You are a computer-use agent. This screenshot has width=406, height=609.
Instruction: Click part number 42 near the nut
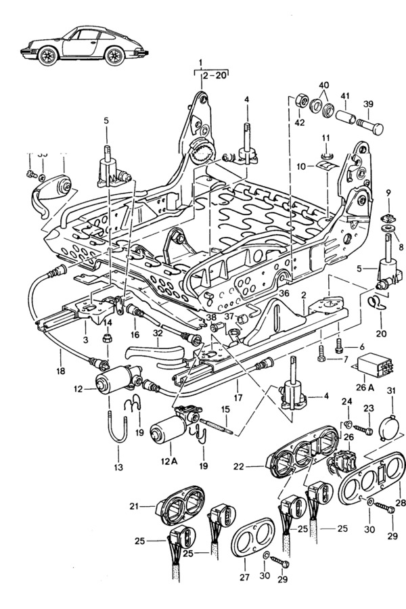tap(299, 122)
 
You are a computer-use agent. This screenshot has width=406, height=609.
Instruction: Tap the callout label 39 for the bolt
tap(369, 104)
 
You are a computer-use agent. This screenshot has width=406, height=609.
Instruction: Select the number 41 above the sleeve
tap(345, 96)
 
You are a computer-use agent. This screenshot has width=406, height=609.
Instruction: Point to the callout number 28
tap(401, 503)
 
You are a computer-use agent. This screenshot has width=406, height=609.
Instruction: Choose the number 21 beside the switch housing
tap(133, 506)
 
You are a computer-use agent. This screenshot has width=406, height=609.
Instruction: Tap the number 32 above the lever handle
tap(158, 332)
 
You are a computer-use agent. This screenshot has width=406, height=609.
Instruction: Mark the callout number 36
tap(283, 293)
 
